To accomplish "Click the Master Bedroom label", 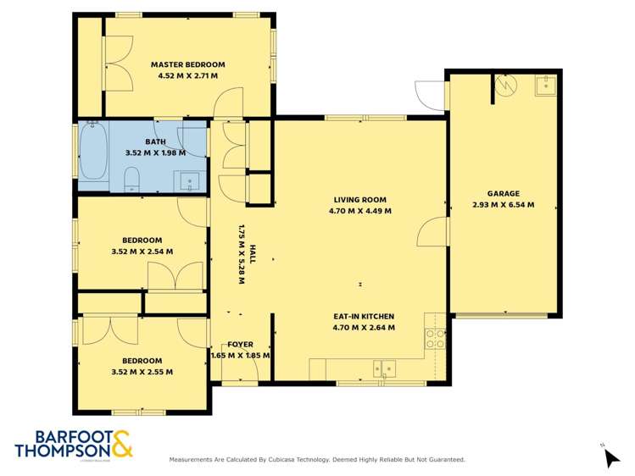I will click(187, 64).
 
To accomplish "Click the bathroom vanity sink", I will click(191, 180).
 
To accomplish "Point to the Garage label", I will click(503, 193).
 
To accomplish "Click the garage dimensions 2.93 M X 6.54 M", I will click(503, 204).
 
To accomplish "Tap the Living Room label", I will click(359, 200).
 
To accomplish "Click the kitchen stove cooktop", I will click(434, 339).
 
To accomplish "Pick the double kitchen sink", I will click(385, 368).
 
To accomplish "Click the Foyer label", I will click(240, 345).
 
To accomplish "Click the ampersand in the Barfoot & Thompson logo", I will click(121, 444).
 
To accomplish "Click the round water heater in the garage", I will click(505, 86).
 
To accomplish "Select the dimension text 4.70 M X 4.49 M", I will click(359, 211).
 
